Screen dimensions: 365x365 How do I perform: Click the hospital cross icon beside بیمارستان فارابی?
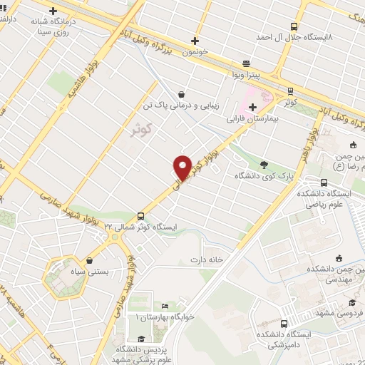252,107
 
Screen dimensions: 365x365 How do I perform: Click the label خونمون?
194,51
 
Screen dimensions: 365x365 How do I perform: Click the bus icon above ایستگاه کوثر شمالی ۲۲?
140,215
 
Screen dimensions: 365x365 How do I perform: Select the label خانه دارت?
207,259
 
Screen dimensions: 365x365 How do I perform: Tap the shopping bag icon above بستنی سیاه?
89,261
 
